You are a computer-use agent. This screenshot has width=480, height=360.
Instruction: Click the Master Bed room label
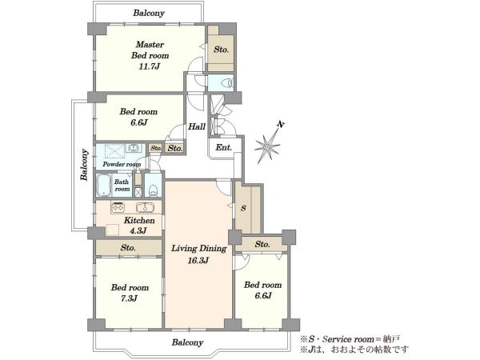150,50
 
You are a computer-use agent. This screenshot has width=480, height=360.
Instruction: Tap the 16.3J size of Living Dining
198,261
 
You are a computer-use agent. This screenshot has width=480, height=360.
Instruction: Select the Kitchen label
139,221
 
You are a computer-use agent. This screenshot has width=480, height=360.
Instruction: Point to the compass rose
267,146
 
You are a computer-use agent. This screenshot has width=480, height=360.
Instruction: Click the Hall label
197,126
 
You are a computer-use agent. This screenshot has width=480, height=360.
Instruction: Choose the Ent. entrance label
224,147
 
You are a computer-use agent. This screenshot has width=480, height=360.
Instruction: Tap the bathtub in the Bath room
104,185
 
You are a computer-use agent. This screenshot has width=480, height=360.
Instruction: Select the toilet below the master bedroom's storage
227,83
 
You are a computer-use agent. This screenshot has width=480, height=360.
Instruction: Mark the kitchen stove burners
118,207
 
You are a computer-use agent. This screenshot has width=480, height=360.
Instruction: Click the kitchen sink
145,207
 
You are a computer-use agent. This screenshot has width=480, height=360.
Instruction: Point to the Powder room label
122,164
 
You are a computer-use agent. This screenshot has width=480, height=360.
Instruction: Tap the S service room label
243,208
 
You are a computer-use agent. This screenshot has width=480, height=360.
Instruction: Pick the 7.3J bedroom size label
129,298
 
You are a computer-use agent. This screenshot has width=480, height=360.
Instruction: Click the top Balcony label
149,13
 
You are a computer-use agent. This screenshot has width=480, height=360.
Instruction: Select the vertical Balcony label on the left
84,165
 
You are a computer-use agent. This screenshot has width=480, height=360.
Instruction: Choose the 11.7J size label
149,66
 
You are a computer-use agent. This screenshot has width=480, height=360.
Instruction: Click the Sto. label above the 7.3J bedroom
128,247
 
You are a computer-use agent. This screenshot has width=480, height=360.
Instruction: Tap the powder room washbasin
133,148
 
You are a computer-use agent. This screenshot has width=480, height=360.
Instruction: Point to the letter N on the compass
281,124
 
